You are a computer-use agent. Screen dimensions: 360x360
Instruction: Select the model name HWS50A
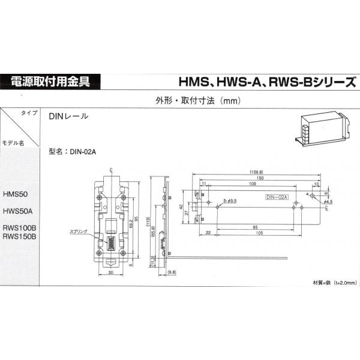[17, 211]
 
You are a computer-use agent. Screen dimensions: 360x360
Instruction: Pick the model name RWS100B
[20, 228]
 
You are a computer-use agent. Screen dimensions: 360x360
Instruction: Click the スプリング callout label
[79, 230]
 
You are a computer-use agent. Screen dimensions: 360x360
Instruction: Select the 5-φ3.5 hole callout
[230, 200]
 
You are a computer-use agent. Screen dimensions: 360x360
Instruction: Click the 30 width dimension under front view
[111, 272]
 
